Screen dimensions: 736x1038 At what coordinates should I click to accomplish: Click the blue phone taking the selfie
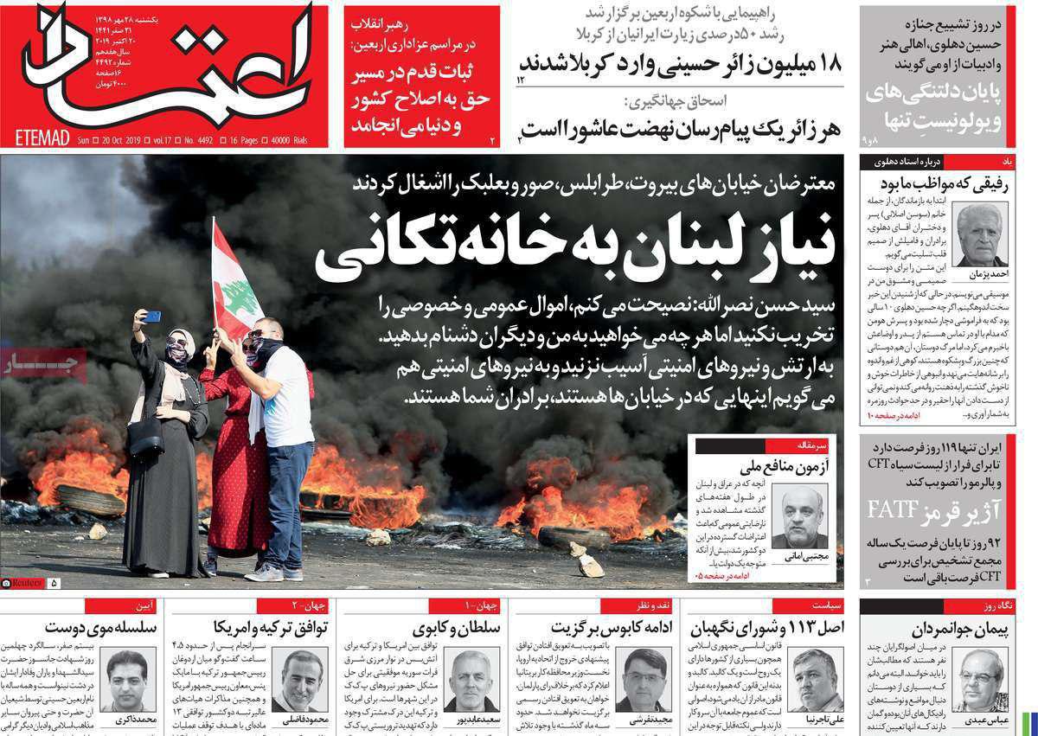[151, 317]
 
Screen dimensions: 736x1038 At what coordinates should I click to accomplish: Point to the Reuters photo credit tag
[23, 584]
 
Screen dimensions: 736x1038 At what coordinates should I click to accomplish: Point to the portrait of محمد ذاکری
[128, 679]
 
